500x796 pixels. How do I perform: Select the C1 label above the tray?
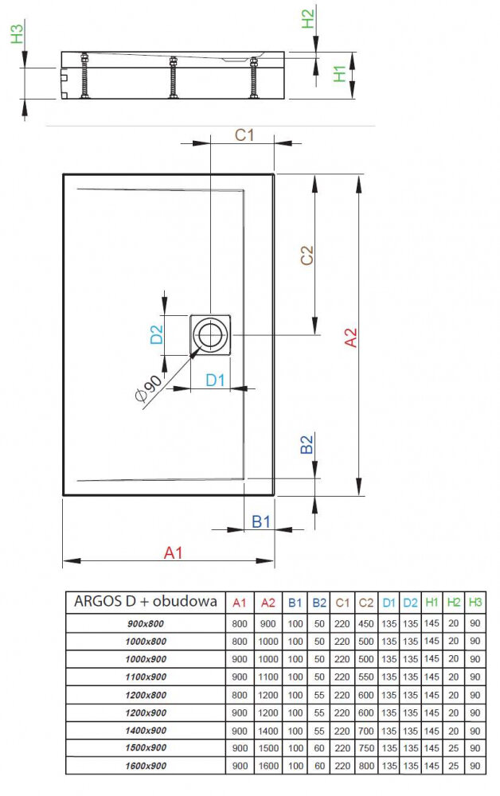pos(244,135)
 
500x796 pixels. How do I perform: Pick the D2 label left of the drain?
pos(157,333)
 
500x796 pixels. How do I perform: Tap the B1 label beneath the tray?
pos(261,521)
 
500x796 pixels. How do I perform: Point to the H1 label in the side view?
pos(340,74)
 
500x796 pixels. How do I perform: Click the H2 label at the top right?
pos(308,18)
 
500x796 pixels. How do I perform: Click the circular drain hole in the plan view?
pos(210,335)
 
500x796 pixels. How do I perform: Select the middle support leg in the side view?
pos(172,78)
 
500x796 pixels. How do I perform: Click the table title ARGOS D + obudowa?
pos(145,602)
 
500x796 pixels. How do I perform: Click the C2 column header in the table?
pos(366,603)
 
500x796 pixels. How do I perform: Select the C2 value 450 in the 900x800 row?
pos(366,623)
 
